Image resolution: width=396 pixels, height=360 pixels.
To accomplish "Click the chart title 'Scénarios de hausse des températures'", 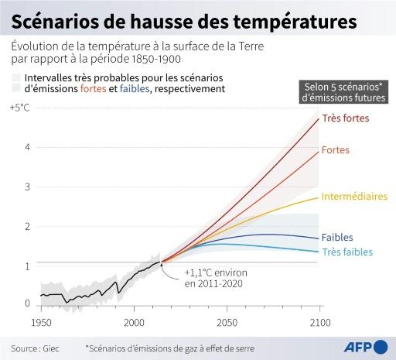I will click(184, 19).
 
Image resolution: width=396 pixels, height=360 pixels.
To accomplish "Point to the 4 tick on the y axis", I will click(26, 147).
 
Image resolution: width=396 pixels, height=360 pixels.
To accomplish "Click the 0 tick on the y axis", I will click(26, 303).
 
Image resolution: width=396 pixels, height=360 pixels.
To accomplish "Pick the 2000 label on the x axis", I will click(134, 321).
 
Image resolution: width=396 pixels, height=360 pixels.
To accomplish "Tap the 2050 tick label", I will click(227, 321).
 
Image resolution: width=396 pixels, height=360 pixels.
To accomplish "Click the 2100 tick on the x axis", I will click(319, 321).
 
